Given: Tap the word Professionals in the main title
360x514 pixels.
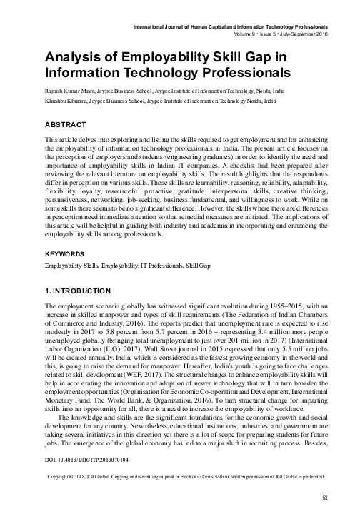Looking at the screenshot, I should [x=236, y=72].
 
